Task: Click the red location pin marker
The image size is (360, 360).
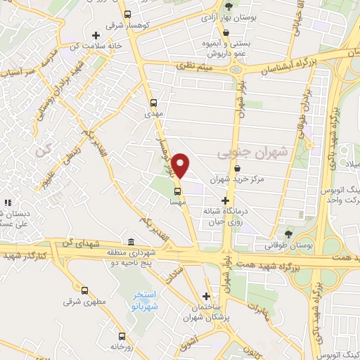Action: point(181,166)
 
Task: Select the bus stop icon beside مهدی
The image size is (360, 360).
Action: point(154,101)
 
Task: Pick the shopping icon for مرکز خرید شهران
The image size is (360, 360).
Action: point(240,169)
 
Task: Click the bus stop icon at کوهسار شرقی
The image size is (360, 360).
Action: point(127,14)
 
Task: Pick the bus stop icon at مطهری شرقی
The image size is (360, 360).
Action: point(85,290)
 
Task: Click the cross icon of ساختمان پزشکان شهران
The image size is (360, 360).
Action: point(206,297)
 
